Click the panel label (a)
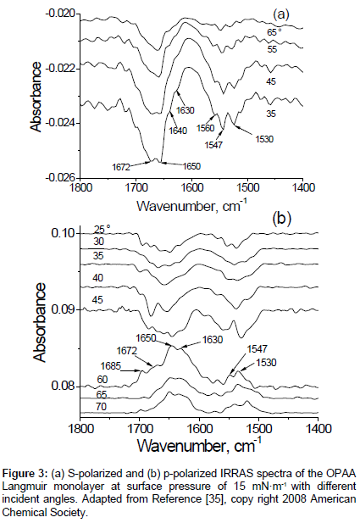click(x=281, y=14)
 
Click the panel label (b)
click(x=282, y=219)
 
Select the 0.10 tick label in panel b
click(x=64, y=233)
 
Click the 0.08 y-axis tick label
click(x=64, y=387)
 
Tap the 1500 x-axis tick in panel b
click(x=258, y=428)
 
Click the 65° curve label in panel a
click(x=274, y=32)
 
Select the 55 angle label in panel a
click(x=272, y=49)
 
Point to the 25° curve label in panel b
click(x=102, y=230)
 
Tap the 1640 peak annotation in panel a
click(x=178, y=130)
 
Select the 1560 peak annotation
click(x=205, y=128)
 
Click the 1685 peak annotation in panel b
click(x=111, y=366)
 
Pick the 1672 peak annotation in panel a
click(x=120, y=167)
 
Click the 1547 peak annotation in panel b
click(x=258, y=349)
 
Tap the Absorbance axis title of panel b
click(x=40, y=323)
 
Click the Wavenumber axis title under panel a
click(x=193, y=206)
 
